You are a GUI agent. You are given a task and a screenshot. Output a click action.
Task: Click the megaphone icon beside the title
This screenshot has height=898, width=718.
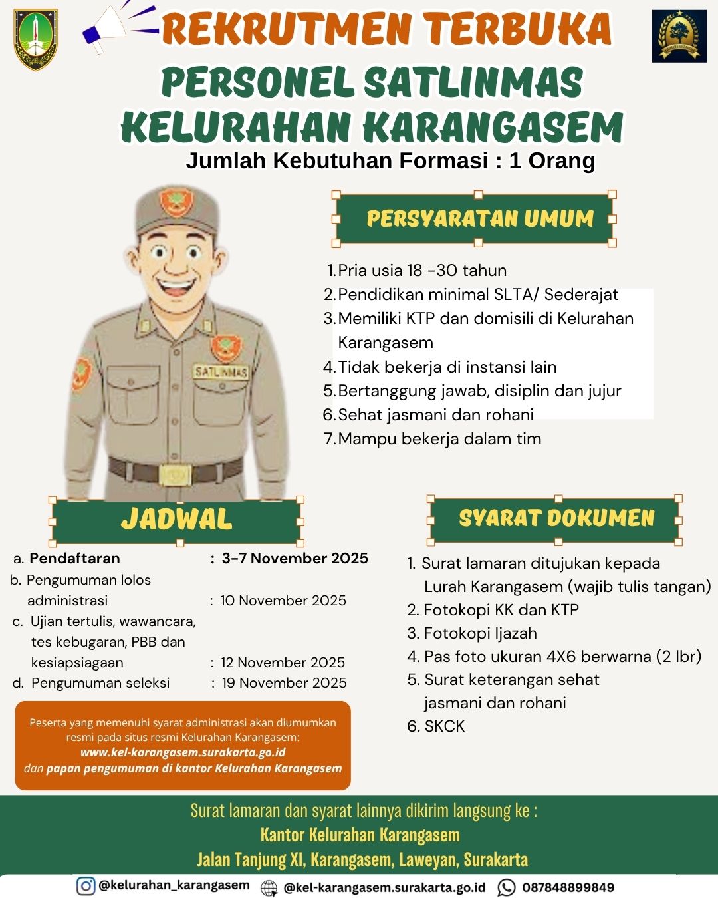[106, 30]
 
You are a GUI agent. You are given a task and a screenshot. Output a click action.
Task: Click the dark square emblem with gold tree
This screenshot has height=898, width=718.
[679, 36]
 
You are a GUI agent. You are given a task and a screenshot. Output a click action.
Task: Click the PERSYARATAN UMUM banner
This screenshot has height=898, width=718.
[479, 218]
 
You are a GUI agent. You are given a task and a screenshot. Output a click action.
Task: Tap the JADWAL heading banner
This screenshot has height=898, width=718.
[176, 520]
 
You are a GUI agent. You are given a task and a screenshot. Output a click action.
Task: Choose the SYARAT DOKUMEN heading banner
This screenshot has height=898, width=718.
[556, 518]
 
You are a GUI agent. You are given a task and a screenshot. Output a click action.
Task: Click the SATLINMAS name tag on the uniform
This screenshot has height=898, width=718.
[221, 371]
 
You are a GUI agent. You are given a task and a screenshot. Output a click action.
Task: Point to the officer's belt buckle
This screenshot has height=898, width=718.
[175, 474]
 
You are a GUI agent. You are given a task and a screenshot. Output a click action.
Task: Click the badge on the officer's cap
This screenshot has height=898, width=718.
[176, 202]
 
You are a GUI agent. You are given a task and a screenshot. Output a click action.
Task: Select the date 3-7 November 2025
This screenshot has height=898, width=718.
[295, 558]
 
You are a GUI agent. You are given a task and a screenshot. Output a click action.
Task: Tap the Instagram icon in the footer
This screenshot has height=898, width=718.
[86, 886]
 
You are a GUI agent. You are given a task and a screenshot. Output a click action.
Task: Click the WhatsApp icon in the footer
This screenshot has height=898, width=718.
[507, 887]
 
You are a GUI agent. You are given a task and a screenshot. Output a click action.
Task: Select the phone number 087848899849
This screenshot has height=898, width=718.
[568, 887]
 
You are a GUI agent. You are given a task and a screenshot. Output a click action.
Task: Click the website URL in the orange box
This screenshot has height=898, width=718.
[183, 752]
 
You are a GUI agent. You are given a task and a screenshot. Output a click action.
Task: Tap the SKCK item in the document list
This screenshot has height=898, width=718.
[444, 726]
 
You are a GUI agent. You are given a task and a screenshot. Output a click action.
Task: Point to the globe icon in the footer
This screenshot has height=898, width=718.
[269, 887]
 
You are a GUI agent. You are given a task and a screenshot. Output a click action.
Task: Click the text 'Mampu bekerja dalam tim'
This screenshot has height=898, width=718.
[439, 439]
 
